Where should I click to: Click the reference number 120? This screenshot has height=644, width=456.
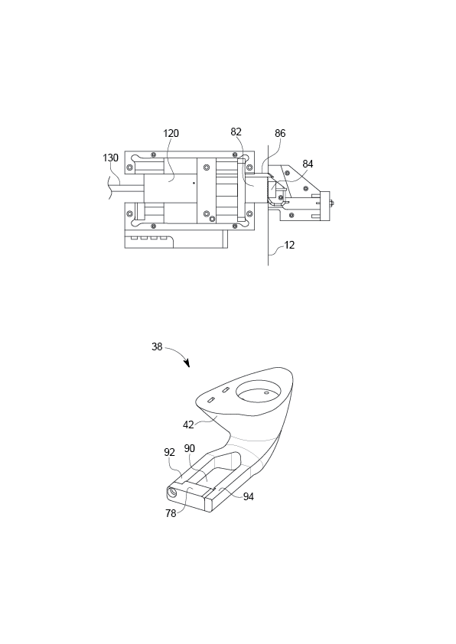tap(171, 134)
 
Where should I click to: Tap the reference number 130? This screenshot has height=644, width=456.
tap(110, 158)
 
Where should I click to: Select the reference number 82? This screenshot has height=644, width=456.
tap(236, 132)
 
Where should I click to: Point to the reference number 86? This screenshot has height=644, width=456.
tap(280, 134)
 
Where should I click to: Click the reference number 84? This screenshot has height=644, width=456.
tap(308, 164)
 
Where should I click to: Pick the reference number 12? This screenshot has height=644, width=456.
tap(289, 246)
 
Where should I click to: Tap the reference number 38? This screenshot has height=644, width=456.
tap(157, 346)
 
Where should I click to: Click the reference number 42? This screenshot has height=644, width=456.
tap(188, 424)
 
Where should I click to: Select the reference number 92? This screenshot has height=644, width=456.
tap(169, 452)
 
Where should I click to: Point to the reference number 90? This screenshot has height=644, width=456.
tap(190, 448)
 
